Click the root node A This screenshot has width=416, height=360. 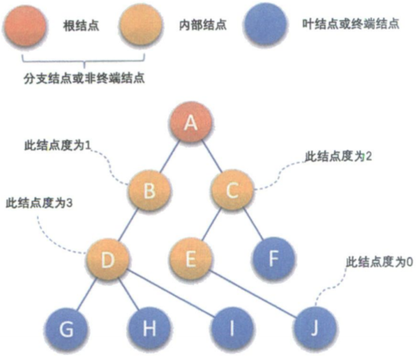(x=191, y=122)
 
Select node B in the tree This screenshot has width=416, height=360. (x=149, y=190)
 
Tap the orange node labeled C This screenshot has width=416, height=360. (x=232, y=190)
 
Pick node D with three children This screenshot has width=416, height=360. (x=108, y=259)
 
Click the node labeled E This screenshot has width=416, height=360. (x=190, y=259)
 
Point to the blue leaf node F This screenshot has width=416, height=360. (x=274, y=258)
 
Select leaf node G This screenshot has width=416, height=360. (x=66, y=328)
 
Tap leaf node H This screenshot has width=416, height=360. (x=149, y=328)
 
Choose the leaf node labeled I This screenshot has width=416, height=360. (x=232, y=328)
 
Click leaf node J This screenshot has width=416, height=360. (x=315, y=328)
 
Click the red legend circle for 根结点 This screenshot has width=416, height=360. (x=25, y=25)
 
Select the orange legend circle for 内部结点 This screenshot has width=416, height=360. (x=141, y=25)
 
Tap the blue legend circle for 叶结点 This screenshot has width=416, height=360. (x=265, y=24)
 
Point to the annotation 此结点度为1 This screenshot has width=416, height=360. (x=58, y=145)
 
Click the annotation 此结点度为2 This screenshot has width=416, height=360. (x=338, y=156)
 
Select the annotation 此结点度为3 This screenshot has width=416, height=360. (x=39, y=203)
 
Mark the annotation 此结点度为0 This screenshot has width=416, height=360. (x=379, y=262)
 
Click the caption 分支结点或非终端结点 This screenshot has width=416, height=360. (x=84, y=78)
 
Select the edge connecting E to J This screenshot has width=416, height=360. (x=253, y=294)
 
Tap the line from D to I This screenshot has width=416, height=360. (x=172, y=293)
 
